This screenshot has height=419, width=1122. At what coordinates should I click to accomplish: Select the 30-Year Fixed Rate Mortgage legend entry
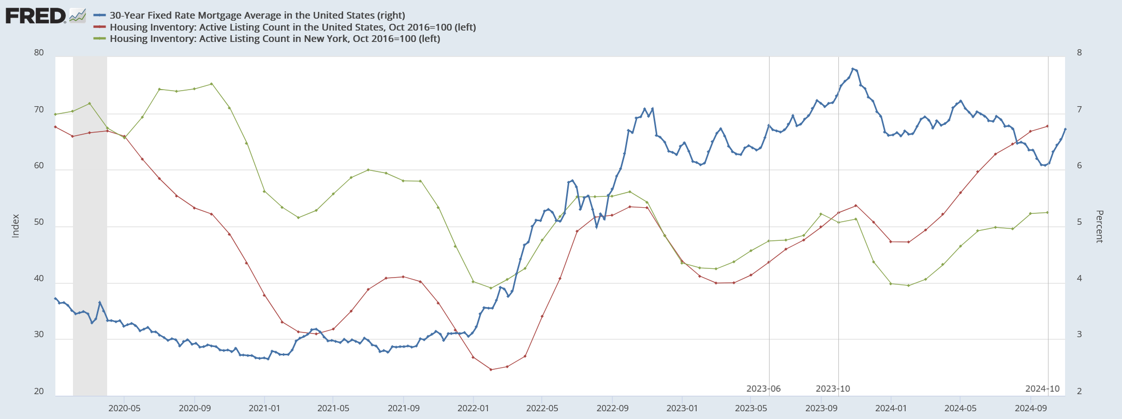[257, 16]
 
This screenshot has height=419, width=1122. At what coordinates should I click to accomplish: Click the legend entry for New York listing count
[275, 39]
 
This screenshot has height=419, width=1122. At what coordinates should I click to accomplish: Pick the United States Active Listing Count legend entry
[292, 27]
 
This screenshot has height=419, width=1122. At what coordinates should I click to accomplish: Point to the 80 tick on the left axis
[39, 53]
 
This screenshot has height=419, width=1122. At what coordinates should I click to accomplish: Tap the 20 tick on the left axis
[39, 392]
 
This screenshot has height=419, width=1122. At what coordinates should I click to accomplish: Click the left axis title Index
[16, 226]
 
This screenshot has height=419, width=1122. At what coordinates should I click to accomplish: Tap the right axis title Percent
[1099, 226]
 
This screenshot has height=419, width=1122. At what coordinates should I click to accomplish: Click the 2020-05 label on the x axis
[124, 408]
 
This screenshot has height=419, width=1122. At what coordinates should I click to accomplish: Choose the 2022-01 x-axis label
[473, 408]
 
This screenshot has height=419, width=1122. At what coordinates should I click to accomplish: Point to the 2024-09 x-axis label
[1030, 408]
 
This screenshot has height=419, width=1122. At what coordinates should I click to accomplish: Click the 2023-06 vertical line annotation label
[763, 389]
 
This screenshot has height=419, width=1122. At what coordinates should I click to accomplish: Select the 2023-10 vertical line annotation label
[833, 389]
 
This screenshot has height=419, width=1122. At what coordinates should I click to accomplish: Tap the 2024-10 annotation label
[1042, 389]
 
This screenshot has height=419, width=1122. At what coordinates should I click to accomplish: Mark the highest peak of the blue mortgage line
[852, 68]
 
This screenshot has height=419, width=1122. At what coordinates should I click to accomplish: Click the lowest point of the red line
[491, 369]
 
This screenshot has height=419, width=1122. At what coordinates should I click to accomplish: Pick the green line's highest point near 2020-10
[211, 84]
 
